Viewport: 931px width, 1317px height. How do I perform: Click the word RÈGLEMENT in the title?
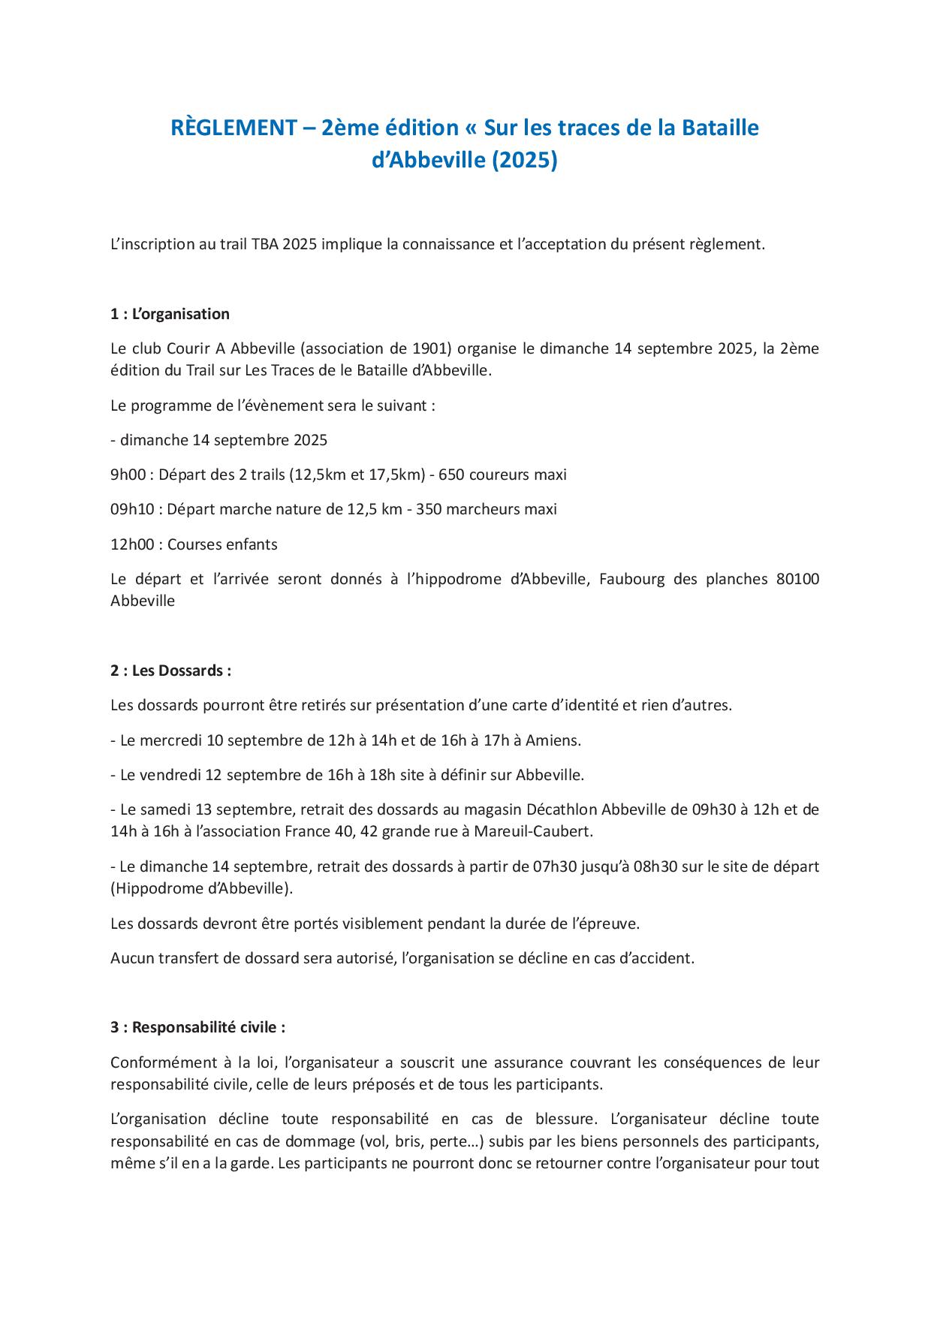[x=233, y=128]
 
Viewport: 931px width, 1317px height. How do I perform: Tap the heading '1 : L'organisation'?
[x=170, y=314]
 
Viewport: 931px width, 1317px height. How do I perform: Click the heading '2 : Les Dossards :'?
[x=170, y=671]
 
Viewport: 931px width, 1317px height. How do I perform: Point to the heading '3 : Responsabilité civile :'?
[x=197, y=1027]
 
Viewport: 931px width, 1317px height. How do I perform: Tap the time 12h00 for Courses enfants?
[x=131, y=544]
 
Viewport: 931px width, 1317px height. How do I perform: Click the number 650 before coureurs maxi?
[x=451, y=475]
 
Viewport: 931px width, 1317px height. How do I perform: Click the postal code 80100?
[x=797, y=579]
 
